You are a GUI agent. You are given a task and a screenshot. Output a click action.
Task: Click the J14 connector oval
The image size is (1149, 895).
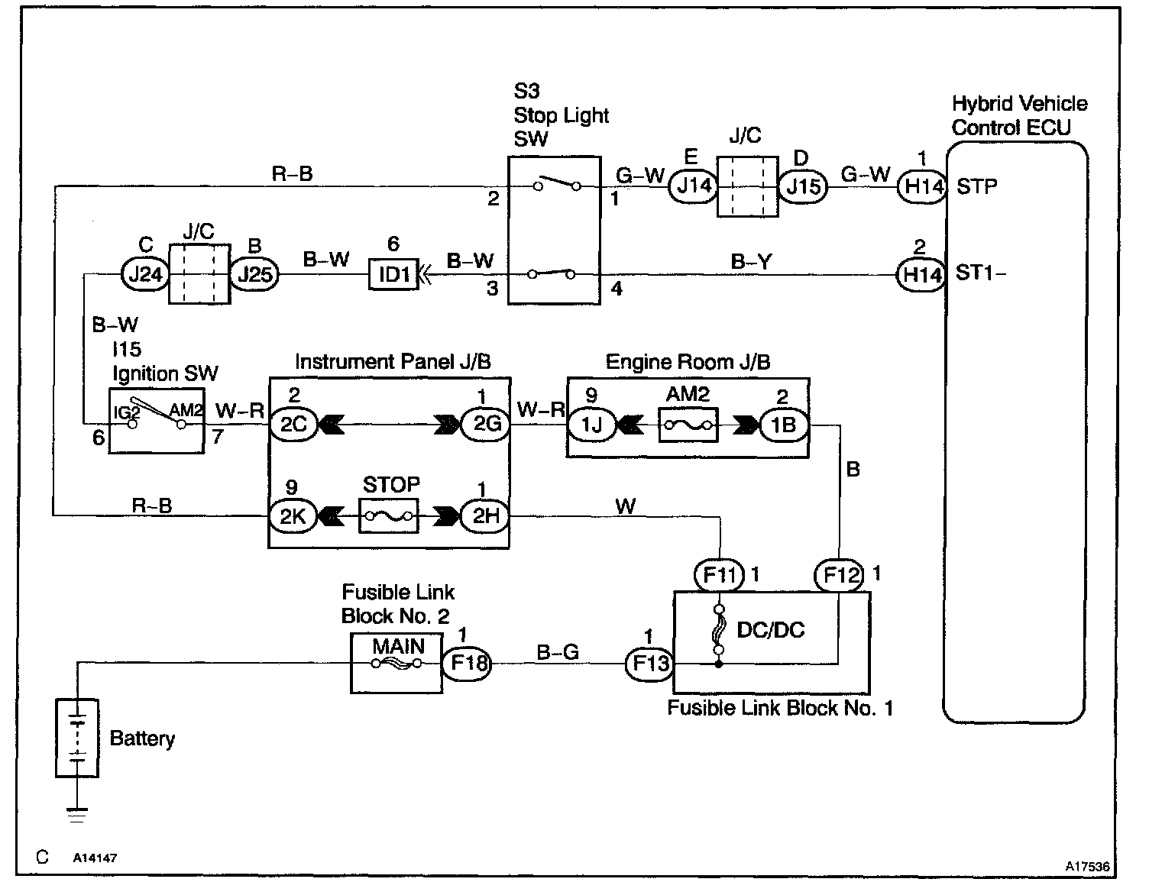(694, 186)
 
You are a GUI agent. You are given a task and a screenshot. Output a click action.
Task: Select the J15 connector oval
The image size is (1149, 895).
(803, 186)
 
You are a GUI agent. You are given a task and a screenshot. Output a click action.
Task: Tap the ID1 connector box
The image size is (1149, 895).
(394, 273)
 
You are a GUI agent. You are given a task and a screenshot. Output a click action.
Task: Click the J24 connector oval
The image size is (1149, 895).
(145, 273)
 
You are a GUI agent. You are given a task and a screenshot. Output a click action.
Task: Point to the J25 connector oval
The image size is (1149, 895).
(254, 273)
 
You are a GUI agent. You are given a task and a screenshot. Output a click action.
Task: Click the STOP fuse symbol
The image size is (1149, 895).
(390, 516)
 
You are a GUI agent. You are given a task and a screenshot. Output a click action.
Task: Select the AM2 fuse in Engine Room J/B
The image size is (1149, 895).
(688, 423)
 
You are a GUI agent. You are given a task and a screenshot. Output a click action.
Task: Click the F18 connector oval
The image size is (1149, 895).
(468, 663)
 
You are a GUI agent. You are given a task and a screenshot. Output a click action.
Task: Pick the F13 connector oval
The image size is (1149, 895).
(650, 663)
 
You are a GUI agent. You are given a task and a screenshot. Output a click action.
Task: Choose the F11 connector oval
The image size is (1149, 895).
(717, 574)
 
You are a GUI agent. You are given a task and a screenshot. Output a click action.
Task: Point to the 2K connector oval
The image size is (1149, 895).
(292, 516)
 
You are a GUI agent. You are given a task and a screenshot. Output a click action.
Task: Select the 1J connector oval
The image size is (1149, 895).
(591, 423)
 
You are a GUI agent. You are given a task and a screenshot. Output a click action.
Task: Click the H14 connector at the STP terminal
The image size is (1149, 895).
(921, 186)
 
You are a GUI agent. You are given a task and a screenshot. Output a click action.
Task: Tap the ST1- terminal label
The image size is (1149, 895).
(981, 273)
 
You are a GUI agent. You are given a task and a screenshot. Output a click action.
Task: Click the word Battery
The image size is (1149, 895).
(142, 738)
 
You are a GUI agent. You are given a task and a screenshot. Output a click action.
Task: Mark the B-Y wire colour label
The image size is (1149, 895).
(751, 262)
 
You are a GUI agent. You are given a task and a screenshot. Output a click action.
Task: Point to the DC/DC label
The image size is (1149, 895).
(770, 630)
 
